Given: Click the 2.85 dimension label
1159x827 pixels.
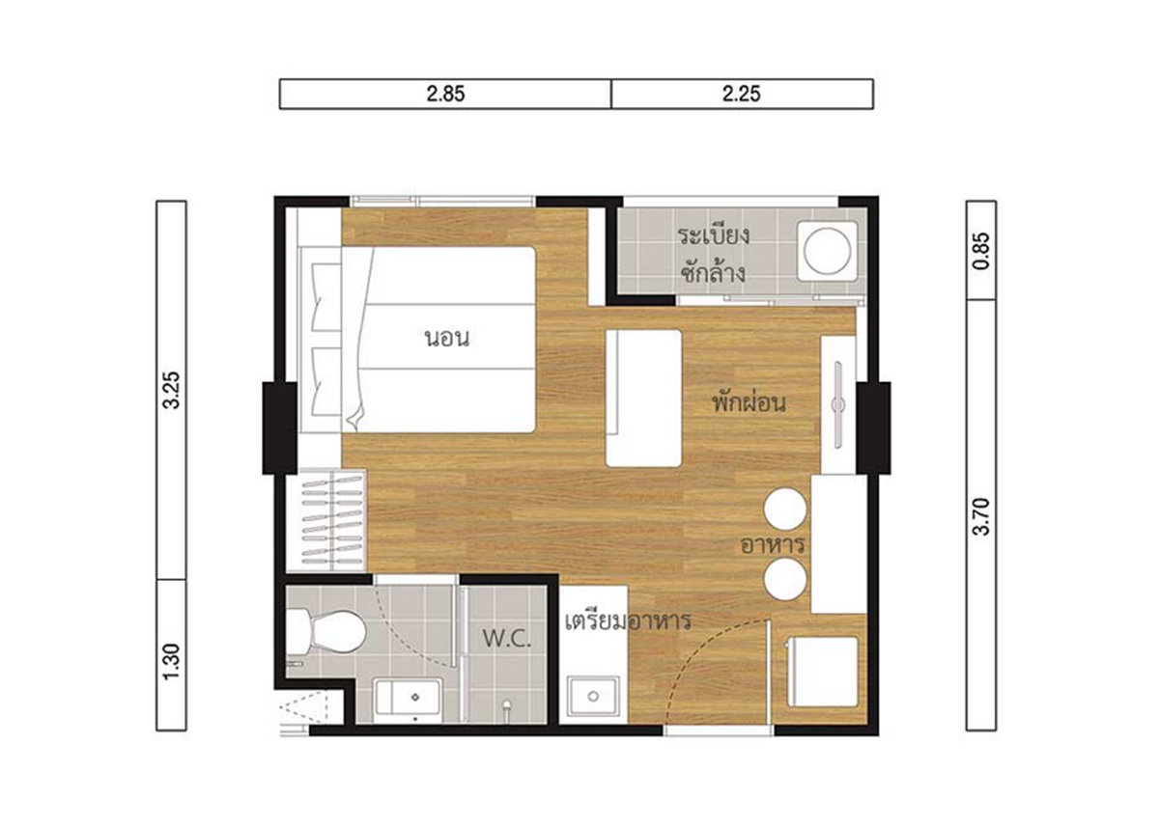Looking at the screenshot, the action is click(x=445, y=94).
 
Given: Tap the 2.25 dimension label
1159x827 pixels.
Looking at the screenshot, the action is click(x=742, y=94).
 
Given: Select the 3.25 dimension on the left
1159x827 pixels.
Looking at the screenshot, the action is click(x=171, y=390).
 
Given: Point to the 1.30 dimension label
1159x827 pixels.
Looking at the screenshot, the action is click(x=171, y=662).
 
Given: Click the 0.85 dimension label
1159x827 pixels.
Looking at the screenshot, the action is click(x=981, y=251).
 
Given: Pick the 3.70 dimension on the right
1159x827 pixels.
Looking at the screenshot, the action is click(x=981, y=516).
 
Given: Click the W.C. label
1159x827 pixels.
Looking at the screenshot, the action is click(x=507, y=639).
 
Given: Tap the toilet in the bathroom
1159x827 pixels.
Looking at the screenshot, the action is click(x=326, y=631).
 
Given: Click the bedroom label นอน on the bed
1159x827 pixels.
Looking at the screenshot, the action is click(x=447, y=339).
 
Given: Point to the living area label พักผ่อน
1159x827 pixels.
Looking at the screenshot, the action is click(x=749, y=402).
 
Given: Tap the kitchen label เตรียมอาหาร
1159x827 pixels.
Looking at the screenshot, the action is click(x=628, y=620).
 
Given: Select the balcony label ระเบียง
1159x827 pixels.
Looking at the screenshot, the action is click(x=714, y=235).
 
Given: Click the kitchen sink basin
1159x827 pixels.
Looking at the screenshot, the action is click(x=593, y=697).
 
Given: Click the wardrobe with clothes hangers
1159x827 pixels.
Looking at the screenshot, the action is click(x=326, y=521).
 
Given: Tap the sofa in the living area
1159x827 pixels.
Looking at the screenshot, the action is click(x=643, y=399).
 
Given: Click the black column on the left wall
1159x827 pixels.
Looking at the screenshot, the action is click(x=279, y=427).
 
